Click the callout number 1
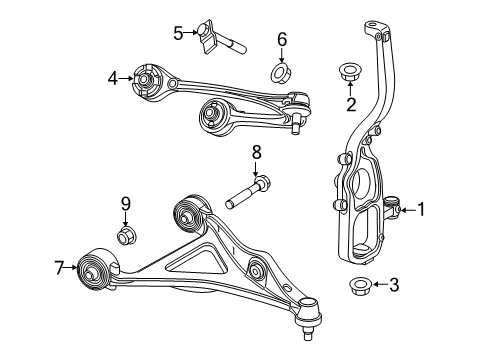click(x=422, y=209)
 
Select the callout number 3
click(x=394, y=285)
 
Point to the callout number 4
click(x=114, y=75)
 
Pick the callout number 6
click(x=282, y=40)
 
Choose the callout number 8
click(x=256, y=153)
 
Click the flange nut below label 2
click(x=351, y=72)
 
